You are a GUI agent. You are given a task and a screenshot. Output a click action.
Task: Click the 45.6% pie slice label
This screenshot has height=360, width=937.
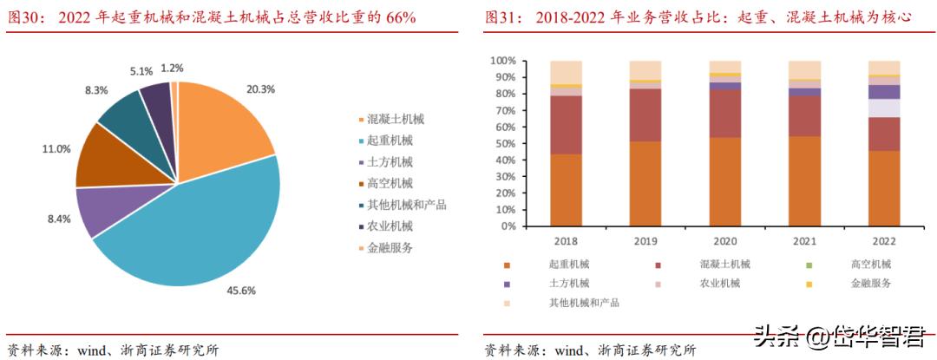point(241,291)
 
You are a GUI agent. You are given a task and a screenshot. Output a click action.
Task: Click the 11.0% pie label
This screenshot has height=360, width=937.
point(56,149)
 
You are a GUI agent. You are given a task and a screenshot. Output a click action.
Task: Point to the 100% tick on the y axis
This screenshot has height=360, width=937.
point(503,61)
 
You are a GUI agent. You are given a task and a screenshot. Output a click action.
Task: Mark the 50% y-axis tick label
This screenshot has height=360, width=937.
point(506,143)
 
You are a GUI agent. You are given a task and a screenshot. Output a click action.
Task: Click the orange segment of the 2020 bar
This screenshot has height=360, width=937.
point(724,182)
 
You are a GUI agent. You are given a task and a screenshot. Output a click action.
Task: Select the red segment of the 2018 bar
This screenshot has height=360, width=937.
point(566,125)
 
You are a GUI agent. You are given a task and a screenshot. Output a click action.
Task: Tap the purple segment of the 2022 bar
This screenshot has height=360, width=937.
point(883,91)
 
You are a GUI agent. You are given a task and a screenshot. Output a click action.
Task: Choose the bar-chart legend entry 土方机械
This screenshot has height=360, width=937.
point(568,283)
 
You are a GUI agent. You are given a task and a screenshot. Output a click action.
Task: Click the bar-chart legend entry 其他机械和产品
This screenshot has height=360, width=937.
point(583,303)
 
